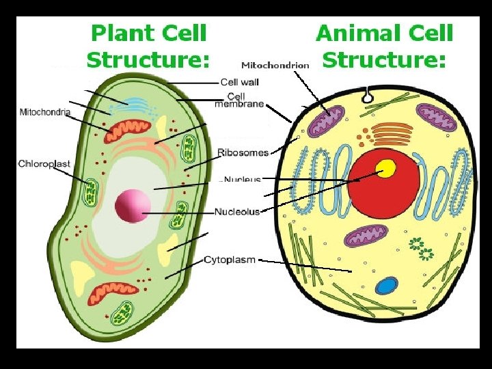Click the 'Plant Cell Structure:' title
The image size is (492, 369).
tap(148, 46)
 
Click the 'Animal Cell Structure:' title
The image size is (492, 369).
tap(384, 46)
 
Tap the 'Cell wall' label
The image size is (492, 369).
tap(240, 83)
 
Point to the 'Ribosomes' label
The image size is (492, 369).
tap(243, 152)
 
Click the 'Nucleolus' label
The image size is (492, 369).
tap(237, 212)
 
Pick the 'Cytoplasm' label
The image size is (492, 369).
tap(230, 260)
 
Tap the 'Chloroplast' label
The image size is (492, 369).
tap(44, 164)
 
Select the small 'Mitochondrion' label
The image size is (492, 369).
tap(275, 66)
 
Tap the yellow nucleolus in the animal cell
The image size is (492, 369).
tap(387, 169)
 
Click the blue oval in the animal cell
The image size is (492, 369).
tap(386, 286)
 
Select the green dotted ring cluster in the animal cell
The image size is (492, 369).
tap(420, 248)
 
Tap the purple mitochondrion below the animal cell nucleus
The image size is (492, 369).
tap(366, 236)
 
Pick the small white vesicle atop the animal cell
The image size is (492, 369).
tap(368, 98)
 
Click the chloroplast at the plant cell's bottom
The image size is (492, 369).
tap(124, 312)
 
